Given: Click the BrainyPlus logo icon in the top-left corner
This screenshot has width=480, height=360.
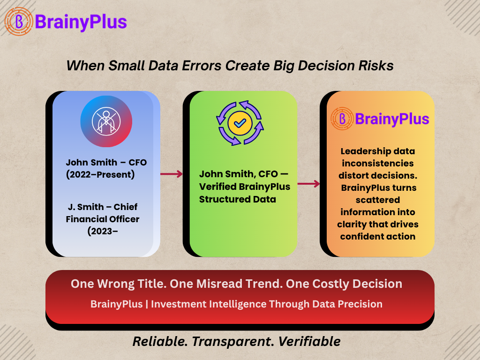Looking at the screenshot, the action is (19, 22).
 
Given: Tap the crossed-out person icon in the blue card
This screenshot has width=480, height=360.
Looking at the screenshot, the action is (106, 121).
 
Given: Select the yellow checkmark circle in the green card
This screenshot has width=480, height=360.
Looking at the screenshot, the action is (240, 123).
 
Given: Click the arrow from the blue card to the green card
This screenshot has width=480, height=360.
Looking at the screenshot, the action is (172, 174).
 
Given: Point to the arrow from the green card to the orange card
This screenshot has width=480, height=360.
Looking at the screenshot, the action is (308, 184).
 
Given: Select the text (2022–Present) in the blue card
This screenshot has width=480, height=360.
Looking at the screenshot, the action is (100, 174).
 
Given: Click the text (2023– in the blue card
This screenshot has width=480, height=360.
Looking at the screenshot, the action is (103, 231).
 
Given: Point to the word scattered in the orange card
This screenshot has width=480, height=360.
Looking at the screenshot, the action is (378, 200).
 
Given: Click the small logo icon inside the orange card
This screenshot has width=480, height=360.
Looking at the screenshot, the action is (342, 119).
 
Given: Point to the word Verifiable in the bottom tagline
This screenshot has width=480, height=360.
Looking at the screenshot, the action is (309, 341).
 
